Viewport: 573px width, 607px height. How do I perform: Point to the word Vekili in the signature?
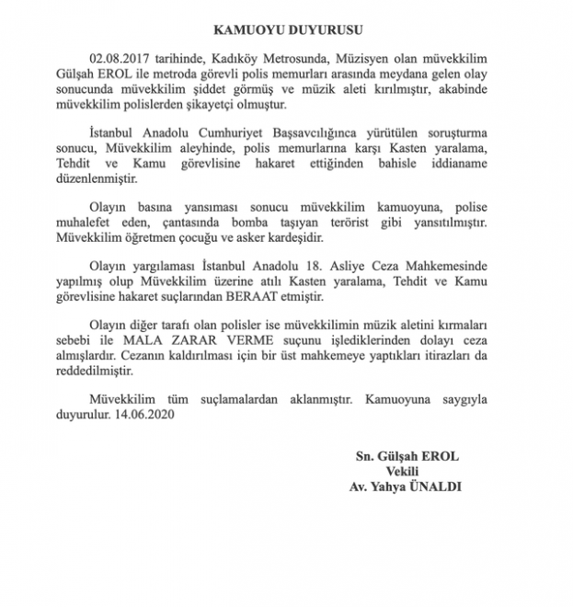point(407,471)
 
